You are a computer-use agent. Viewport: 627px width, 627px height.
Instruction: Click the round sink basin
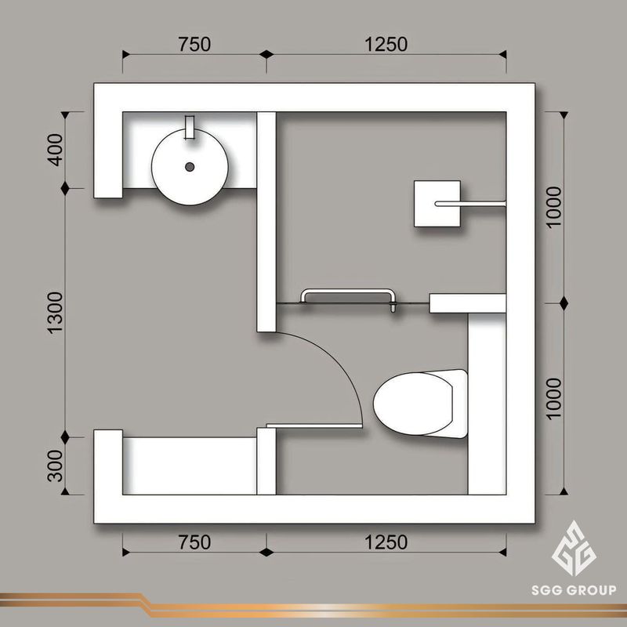pos(190,167)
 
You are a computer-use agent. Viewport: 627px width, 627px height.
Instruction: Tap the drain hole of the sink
pos(190,167)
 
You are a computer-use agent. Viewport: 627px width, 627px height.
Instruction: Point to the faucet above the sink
pos(190,127)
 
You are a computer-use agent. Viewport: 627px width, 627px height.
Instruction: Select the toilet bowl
pos(420,403)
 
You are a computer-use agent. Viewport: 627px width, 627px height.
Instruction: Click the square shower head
pos(437,204)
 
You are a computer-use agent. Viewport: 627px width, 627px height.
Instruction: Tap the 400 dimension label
pos(56,150)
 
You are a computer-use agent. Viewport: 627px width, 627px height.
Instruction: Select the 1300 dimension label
pos(56,313)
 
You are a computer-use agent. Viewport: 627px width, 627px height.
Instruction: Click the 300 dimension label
pos(56,466)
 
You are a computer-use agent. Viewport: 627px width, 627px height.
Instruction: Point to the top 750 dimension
pos(194,45)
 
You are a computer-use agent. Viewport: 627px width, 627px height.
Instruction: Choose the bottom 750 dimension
pos(194,542)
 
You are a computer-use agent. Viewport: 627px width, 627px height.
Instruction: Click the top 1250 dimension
pos(386,45)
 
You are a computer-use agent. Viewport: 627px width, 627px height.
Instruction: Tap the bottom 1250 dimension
pos(386,542)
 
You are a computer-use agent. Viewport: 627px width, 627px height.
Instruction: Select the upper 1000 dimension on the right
pos(554,207)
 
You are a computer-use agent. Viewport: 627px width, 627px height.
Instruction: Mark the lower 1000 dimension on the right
pos(554,399)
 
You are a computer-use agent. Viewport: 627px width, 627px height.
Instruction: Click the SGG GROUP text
pos(574,590)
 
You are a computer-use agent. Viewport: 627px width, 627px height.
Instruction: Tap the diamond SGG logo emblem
pos(574,548)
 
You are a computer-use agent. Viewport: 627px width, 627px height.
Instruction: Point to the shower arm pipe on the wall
pos(470,204)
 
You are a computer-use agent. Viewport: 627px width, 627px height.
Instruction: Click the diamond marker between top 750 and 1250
pos(266,54)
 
